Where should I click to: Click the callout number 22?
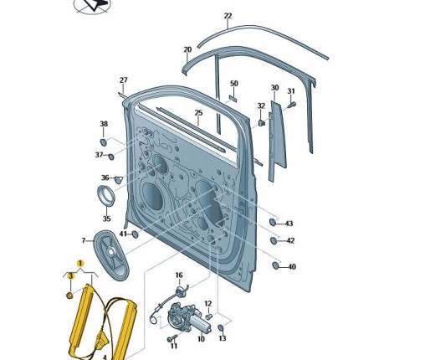pyautogui.click(x=228, y=16)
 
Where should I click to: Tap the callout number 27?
pyautogui.click(x=123, y=80)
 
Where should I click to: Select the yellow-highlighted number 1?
pyautogui.click(x=80, y=264)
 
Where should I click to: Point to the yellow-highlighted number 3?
pyautogui.click(x=71, y=276)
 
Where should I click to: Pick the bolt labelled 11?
pyautogui.click(x=172, y=337)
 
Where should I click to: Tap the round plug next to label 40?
pyautogui.click(x=275, y=265)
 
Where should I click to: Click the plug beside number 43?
pyautogui.click(x=273, y=222)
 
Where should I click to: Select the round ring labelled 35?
pyautogui.click(x=106, y=195)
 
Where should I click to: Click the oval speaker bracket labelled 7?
pyautogui.click(x=111, y=255)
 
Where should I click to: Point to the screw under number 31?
pyautogui.click(x=292, y=105)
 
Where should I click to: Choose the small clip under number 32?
pyautogui.click(x=261, y=123)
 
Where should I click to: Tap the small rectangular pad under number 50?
pyautogui.click(x=233, y=97)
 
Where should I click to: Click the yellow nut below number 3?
pyautogui.click(x=69, y=295)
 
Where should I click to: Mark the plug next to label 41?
pyautogui.click(x=135, y=234)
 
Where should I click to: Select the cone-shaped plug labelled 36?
pyautogui.click(x=119, y=180)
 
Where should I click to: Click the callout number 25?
pyautogui.click(x=198, y=113)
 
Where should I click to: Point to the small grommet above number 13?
pyautogui.click(x=221, y=327)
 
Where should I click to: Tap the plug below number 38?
pyautogui.click(x=104, y=142)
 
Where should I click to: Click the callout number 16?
pyautogui.click(x=179, y=275)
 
